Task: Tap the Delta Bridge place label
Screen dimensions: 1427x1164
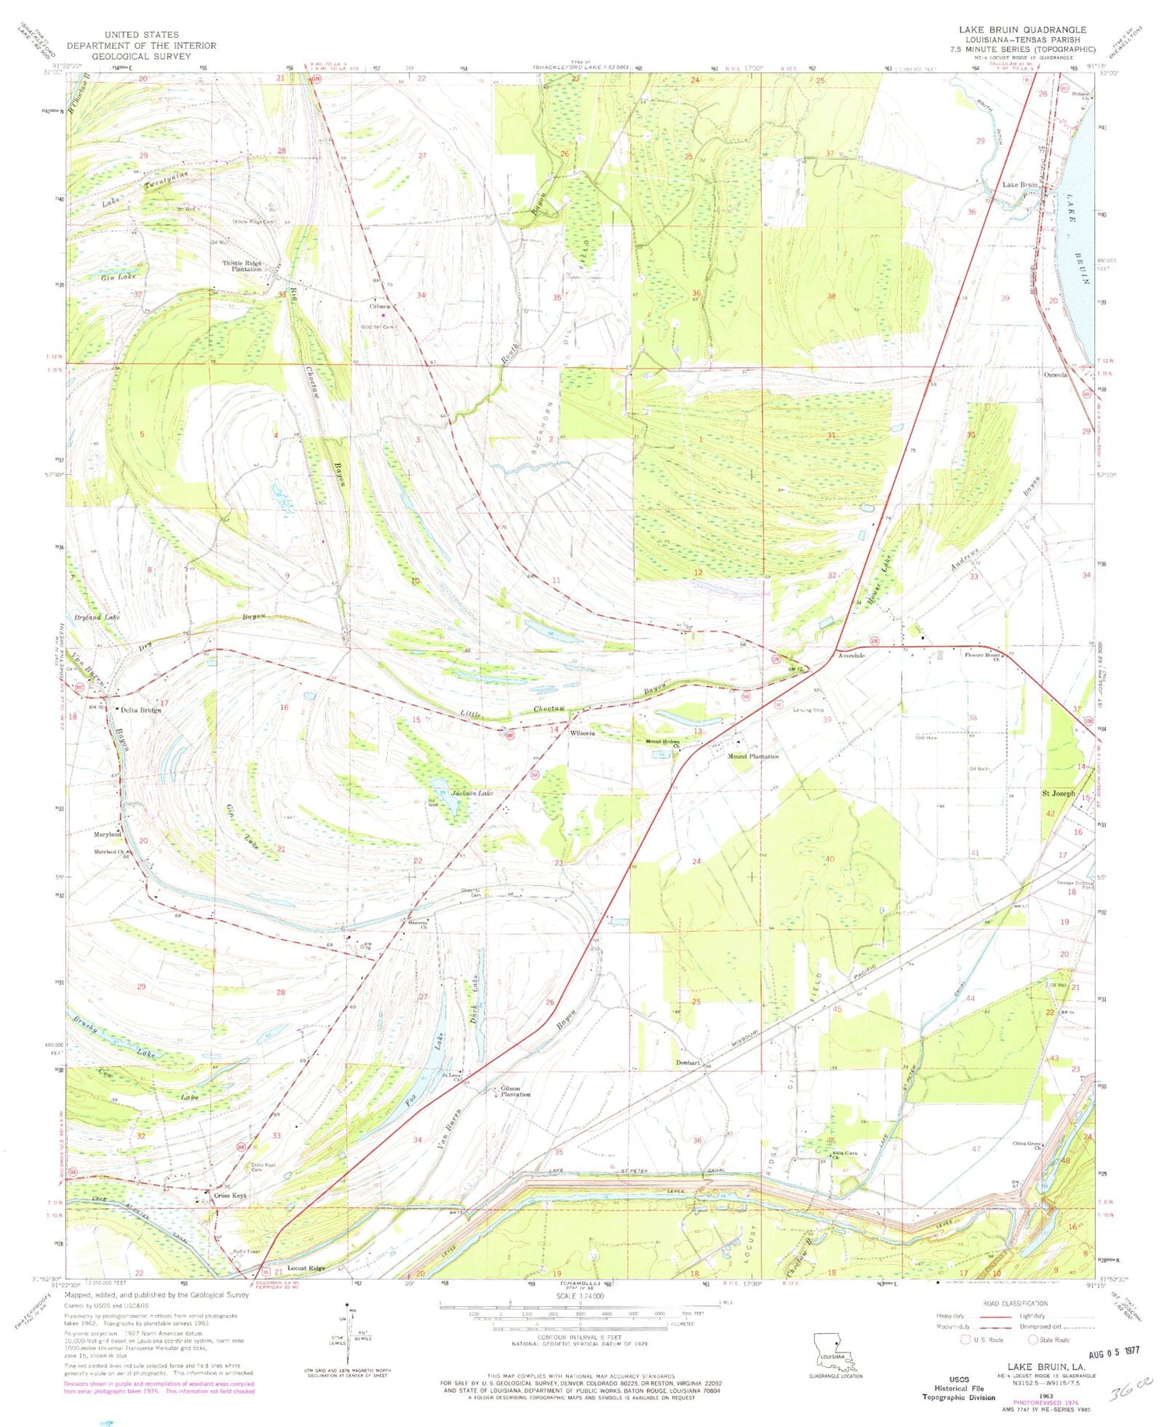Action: click(x=140, y=710)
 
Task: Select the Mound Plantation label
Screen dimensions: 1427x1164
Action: click(x=752, y=756)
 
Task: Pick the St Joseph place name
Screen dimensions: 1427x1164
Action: click(x=1058, y=793)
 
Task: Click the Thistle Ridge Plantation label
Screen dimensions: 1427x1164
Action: click(x=242, y=266)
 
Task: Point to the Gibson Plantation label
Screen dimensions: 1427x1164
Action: click(x=515, y=1091)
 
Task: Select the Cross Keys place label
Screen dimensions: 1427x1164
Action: click(x=230, y=1196)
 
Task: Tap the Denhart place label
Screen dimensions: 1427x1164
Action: click(x=688, y=1062)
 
